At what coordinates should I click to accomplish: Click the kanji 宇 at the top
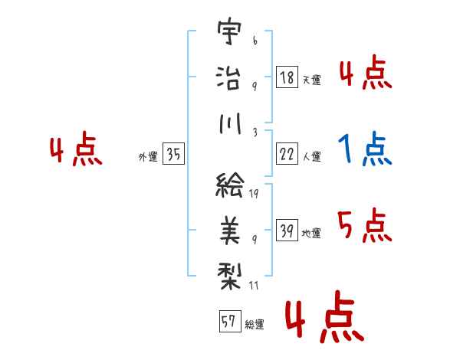(230, 31)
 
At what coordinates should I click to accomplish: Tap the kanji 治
(228, 77)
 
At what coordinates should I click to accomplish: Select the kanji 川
(230, 123)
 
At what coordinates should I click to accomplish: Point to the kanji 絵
(230, 185)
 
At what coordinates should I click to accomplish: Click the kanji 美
(230, 231)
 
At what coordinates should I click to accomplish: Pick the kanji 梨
(229, 276)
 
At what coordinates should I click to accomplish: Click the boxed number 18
(287, 77)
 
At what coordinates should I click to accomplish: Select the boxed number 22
(287, 154)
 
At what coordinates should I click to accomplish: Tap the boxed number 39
(287, 230)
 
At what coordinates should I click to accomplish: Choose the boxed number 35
(173, 154)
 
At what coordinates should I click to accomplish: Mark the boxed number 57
(230, 321)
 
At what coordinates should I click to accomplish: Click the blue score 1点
(365, 149)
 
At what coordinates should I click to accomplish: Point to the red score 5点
(365, 225)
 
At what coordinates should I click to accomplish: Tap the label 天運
(312, 80)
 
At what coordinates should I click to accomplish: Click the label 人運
(312, 156)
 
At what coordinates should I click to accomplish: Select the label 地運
(311, 233)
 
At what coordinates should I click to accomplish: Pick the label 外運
(148, 156)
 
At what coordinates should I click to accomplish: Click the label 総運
(255, 324)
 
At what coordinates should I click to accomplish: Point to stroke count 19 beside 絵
(254, 194)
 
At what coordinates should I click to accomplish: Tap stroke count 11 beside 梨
(254, 286)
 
